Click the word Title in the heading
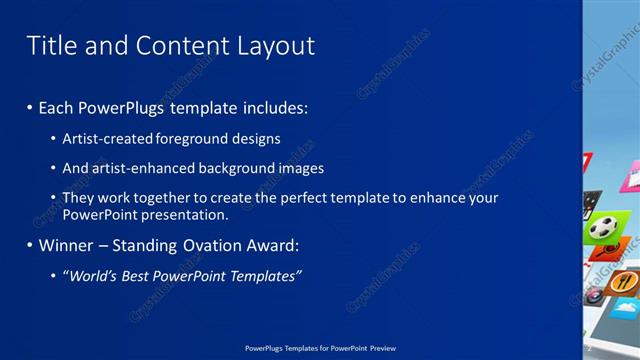pyautogui.click(x=49, y=46)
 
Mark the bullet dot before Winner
pyautogui.click(x=30, y=245)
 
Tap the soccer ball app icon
pyautogui.click(x=602, y=228)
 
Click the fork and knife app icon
pyautogui.click(x=623, y=283)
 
